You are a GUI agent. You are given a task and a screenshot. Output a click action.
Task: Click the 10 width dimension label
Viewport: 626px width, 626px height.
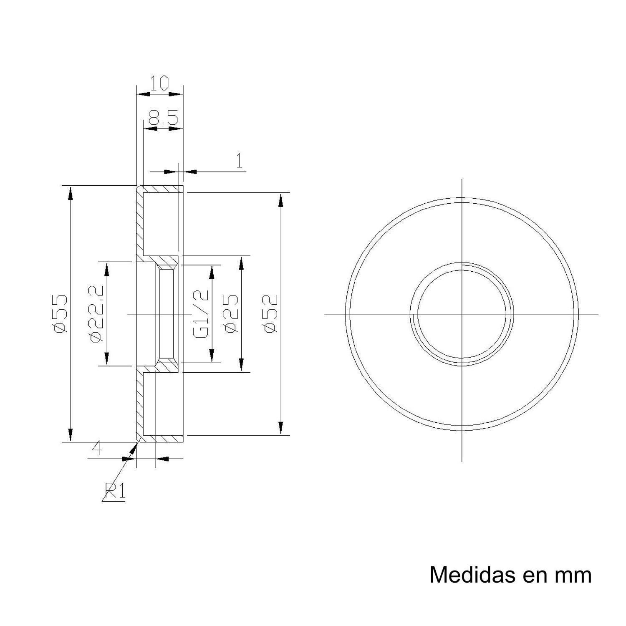click(x=160, y=83)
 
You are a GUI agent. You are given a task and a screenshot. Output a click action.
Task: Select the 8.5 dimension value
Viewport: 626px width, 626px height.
click(x=163, y=118)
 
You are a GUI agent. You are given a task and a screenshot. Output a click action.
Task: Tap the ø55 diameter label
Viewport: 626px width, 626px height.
click(x=60, y=313)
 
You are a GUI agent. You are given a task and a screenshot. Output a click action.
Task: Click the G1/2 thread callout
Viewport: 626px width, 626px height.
click(x=201, y=314)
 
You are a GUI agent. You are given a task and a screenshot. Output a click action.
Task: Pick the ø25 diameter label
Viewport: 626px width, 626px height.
click(x=232, y=314)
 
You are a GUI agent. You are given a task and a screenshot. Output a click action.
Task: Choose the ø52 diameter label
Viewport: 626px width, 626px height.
click(x=271, y=314)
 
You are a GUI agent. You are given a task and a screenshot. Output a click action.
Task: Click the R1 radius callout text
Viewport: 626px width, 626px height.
click(x=115, y=491)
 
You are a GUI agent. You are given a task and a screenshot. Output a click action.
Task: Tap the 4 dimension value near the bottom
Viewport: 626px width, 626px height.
click(x=96, y=449)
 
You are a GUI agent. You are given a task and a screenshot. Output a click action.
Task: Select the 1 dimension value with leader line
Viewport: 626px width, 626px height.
click(x=240, y=161)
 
